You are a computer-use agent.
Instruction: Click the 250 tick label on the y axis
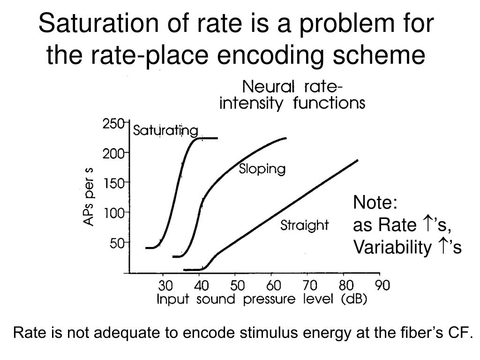pos(113,124)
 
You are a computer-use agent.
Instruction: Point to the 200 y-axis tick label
pos(113,153)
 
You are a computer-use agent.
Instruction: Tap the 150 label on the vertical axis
pos(113,183)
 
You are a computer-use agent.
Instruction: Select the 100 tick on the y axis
pos(113,214)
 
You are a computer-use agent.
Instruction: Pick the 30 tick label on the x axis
pos(165,285)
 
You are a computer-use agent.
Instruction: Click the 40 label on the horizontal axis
pos(200,285)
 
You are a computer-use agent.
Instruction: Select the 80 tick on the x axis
pos(346,285)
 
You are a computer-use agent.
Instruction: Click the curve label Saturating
pos(165,130)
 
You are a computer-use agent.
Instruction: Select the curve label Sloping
pos(262,169)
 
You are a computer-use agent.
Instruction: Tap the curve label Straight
pos(304,225)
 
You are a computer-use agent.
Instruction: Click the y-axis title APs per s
pos(89,197)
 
